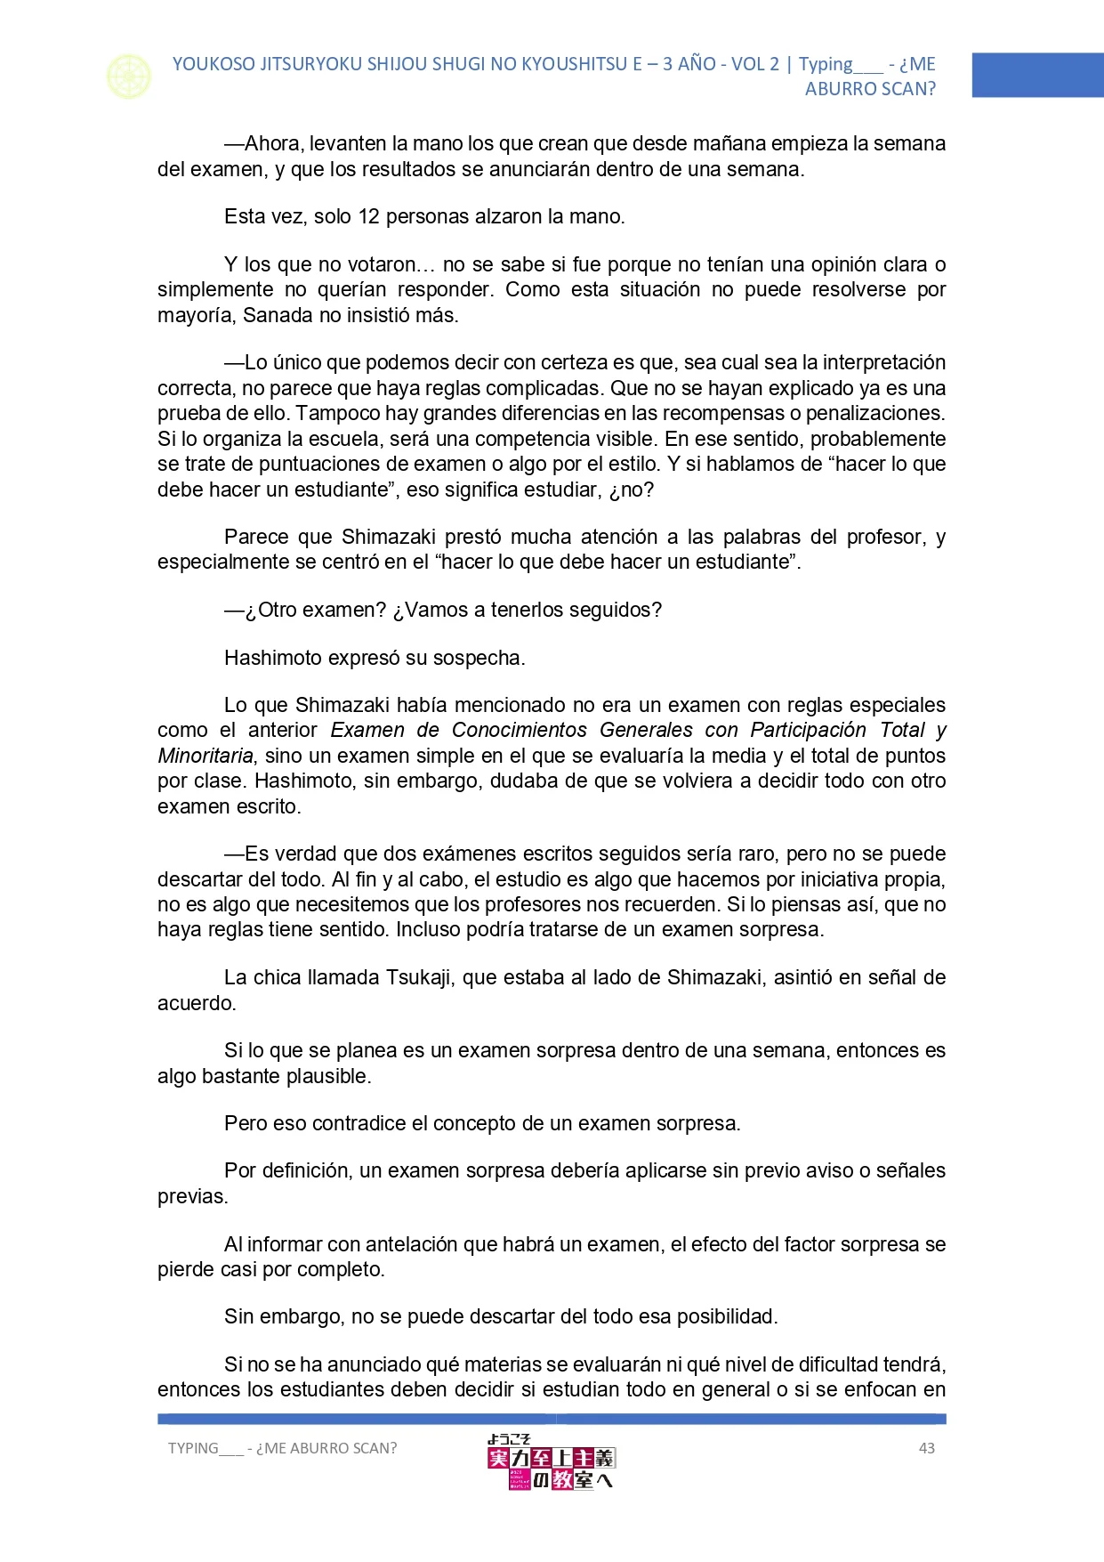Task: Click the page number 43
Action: point(926,1448)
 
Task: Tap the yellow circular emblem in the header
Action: point(129,77)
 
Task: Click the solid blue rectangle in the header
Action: point(1037,75)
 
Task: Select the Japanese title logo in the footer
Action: point(551,1461)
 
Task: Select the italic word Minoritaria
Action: point(205,756)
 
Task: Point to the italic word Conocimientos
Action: point(520,730)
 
